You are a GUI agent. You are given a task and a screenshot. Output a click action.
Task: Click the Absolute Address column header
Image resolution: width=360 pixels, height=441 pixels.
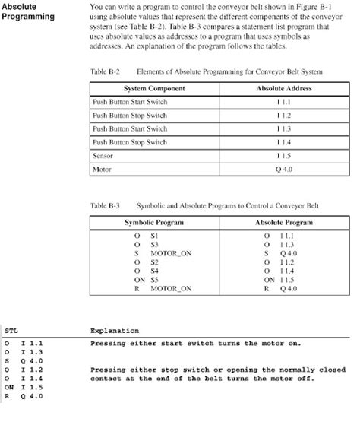point(284,89)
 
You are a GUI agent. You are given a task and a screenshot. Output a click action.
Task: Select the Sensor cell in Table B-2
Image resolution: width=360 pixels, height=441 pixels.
point(103,155)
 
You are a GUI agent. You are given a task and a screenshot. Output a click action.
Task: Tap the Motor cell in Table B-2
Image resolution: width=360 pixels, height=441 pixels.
point(101,169)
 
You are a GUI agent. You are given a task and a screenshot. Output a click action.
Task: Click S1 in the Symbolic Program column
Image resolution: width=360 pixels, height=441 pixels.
point(154,236)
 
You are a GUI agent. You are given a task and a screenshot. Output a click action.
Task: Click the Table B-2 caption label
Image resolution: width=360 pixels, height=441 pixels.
point(105,71)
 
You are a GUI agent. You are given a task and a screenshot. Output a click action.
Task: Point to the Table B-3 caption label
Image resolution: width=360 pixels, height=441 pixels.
point(105,205)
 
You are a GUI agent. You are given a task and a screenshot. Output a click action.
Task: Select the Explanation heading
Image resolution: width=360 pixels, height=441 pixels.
point(114,331)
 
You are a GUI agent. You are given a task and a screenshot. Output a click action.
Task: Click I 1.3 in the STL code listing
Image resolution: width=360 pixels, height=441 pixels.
point(32,352)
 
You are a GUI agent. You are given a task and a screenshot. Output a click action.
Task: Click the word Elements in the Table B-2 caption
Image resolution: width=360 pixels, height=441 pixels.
point(151,71)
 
